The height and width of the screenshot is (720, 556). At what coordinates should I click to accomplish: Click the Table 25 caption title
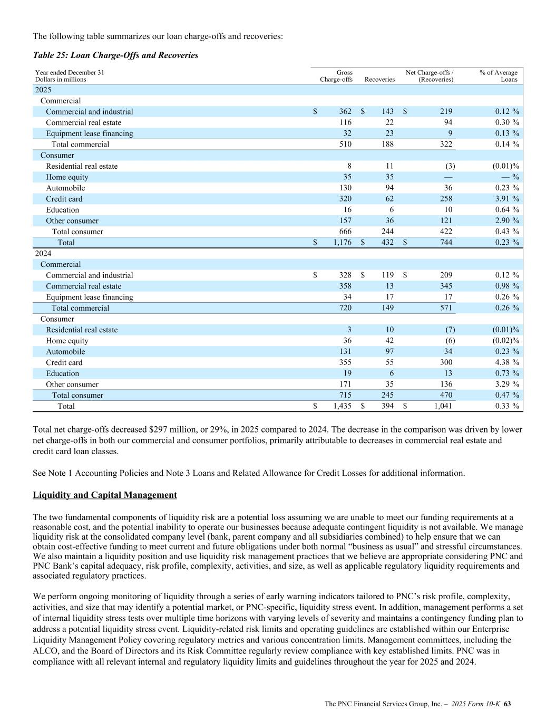[115, 55]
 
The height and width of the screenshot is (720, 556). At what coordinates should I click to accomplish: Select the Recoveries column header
[379, 80]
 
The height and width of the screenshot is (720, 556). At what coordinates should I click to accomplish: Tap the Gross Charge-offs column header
[336, 76]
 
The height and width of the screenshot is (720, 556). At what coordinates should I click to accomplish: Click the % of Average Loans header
[498, 76]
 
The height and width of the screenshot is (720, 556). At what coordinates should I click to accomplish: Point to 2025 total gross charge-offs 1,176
[342, 243]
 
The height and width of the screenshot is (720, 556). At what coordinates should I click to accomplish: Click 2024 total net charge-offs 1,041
[443, 406]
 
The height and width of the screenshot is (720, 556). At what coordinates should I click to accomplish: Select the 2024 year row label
[43, 254]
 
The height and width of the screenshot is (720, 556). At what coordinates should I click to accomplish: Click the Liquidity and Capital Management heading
[105, 495]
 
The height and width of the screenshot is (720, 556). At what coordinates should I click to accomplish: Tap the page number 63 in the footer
[508, 704]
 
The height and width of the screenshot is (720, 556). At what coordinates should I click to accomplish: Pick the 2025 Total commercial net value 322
[445, 145]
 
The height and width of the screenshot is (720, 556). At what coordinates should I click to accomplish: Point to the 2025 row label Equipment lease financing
[90, 133]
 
